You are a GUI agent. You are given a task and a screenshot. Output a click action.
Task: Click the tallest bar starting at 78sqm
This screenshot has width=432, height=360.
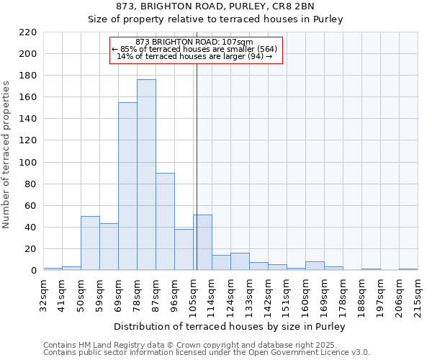[146, 175]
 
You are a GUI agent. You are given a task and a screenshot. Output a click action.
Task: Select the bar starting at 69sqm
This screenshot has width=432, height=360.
[127, 186]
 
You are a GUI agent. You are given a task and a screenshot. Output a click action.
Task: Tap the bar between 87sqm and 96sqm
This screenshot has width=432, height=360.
[165, 222]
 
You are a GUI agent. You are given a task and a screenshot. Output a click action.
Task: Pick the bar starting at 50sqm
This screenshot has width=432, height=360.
[90, 243]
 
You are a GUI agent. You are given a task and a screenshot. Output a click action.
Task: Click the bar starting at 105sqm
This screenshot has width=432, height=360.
[202, 243]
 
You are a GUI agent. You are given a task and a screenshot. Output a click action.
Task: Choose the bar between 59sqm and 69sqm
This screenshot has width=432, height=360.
[109, 247]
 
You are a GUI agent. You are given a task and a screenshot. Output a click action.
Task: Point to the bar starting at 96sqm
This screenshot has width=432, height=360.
[184, 250]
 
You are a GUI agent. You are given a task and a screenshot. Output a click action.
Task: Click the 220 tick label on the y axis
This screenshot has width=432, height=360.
[28, 32]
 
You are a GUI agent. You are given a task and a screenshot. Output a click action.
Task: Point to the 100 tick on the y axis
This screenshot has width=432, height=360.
[28, 163]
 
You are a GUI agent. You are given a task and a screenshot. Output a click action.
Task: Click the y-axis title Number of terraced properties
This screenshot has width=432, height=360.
[7, 155]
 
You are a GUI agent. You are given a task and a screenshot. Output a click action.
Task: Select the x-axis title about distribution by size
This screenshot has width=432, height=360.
[230, 326]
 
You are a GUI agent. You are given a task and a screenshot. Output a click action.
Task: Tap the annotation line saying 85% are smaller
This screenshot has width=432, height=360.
[195, 49]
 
